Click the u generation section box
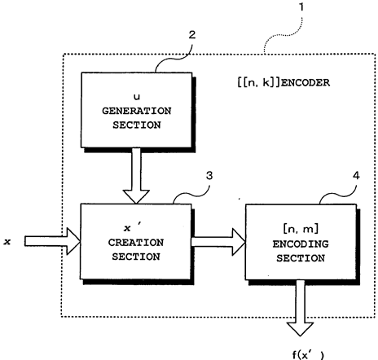[137, 110]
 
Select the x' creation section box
[136, 242]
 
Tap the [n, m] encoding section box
[301, 242]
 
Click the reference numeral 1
[301, 7]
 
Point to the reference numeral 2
[192, 35]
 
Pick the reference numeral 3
[209, 176]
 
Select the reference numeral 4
[356, 176]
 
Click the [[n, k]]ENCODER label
[283, 82]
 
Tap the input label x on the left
[7, 241]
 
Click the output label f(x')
[308, 354]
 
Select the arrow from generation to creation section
[136, 176]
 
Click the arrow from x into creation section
[52, 241]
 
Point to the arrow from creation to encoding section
[218, 242]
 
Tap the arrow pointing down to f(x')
[301, 309]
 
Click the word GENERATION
[137, 111]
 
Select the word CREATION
[136, 243]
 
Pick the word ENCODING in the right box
[301, 244]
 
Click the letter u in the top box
[137, 97]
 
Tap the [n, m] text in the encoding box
[301, 230]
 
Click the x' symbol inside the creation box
[131, 227]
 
